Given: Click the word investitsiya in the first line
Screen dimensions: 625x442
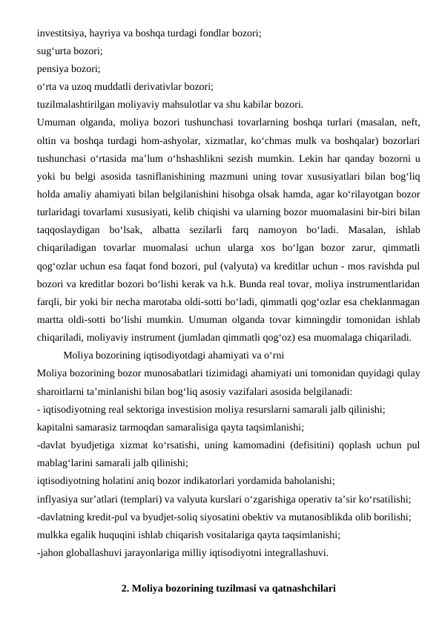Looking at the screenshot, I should (x=61, y=33).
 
